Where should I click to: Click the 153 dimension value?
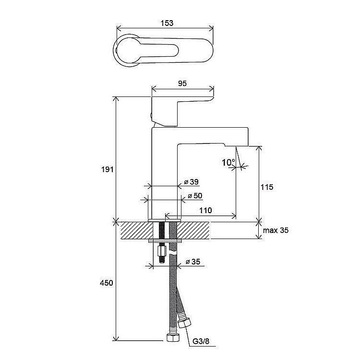coord(167,23)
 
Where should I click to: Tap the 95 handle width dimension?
coord(182,84)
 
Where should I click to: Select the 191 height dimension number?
coord(108,169)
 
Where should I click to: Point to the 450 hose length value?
coord(106,283)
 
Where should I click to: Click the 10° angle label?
coord(228,163)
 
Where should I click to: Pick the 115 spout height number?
coord(267,187)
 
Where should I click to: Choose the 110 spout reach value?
coord(205,210)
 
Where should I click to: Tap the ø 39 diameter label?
coord(191,182)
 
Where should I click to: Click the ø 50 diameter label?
coord(195,196)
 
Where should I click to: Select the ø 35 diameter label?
coord(193,262)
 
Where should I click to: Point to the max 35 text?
coord(276,230)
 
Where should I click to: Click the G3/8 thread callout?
coord(201,341)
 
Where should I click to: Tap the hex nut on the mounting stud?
coord(162,252)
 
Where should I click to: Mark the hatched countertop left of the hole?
coord(137,230)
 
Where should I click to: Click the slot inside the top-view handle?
coord(159,50)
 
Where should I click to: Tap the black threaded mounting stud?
coord(162,241)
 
